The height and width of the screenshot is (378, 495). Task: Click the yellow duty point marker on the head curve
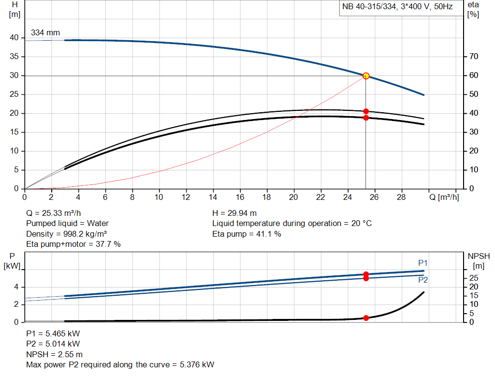(x=366, y=76)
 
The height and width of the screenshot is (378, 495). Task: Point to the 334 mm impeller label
(x=45, y=33)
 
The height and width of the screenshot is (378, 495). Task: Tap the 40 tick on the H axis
(x=14, y=38)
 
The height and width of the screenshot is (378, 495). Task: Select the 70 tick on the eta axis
(x=474, y=57)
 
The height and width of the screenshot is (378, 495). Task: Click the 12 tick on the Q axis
(x=186, y=197)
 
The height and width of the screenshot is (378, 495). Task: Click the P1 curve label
(x=423, y=263)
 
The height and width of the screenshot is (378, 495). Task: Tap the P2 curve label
(x=423, y=280)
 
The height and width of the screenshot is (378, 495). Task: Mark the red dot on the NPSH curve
(x=366, y=318)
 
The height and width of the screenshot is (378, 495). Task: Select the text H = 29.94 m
(x=234, y=213)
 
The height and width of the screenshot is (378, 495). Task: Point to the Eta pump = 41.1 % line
(x=247, y=234)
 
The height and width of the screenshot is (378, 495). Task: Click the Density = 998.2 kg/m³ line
(x=66, y=234)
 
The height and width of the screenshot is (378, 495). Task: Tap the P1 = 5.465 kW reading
(x=53, y=333)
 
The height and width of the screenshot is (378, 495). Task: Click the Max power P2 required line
(x=120, y=364)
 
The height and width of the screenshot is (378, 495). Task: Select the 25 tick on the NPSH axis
(x=474, y=278)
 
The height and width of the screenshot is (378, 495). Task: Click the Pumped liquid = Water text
(x=67, y=223)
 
